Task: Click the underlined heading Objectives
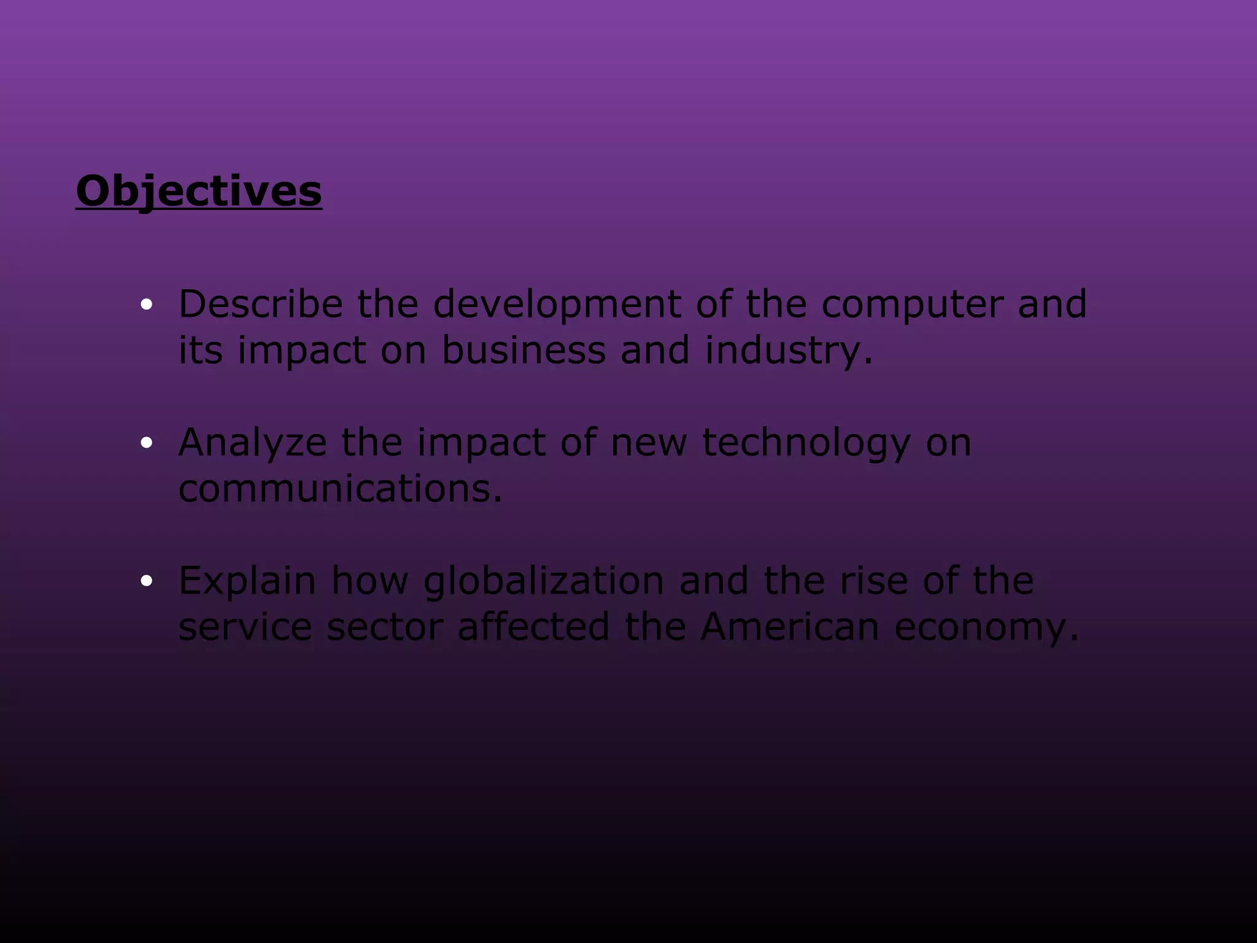198,191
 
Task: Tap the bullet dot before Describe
146,305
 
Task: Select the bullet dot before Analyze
146,443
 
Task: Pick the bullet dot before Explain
146,581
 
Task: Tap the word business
524,350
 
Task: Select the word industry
787,351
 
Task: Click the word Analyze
252,443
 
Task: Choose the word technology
806,443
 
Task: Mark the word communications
339,489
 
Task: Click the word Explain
247,581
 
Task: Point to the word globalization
543,581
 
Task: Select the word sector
385,627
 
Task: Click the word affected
533,626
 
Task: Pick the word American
790,626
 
